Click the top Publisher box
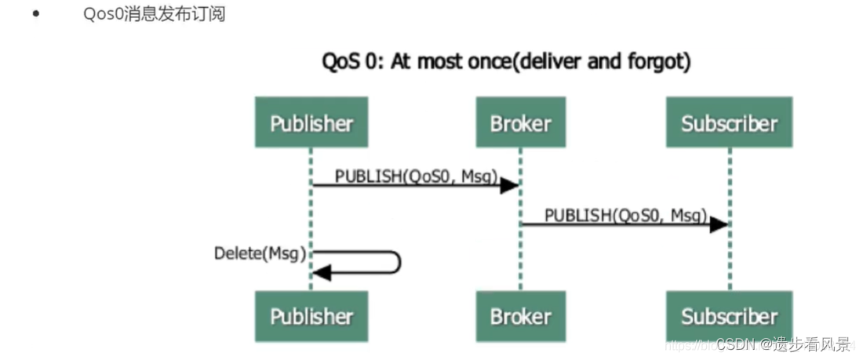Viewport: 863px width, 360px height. [x=311, y=123]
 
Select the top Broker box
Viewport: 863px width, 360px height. [x=520, y=123]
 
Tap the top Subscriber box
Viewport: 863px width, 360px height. [x=729, y=123]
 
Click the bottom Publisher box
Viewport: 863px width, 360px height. [x=311, y=316]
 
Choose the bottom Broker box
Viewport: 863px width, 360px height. [x=520, y=316]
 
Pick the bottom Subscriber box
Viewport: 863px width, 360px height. [x=729, y=316]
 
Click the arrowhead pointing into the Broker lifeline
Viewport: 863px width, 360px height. [x=510, y=185]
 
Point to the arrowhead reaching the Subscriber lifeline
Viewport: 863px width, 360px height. [x=719, y=224]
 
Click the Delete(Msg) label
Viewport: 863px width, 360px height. [x=260, y=253]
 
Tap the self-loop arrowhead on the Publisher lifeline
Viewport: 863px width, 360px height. [x=322, y=273]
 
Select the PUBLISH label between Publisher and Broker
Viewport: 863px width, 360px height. [x=416, y=176]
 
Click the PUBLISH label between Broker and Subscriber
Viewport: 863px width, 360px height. [x=625, y=215]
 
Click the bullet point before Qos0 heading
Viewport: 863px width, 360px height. [x=35, y=14]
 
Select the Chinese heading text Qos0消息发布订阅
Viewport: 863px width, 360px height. [x=154, y=14]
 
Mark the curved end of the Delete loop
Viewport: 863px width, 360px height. [x=398, y=263]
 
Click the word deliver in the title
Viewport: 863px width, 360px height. [x=548, y=62]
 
